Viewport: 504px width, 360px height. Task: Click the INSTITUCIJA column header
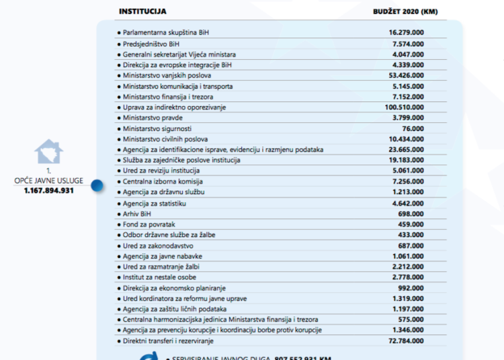pos(142,11)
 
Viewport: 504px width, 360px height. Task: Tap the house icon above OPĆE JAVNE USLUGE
pos(48,152)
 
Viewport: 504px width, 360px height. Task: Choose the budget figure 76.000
pos(413,128)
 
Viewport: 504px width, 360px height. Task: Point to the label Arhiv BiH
pos(138,214)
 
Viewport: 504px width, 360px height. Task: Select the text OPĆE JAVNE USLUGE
pos(48,181)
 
